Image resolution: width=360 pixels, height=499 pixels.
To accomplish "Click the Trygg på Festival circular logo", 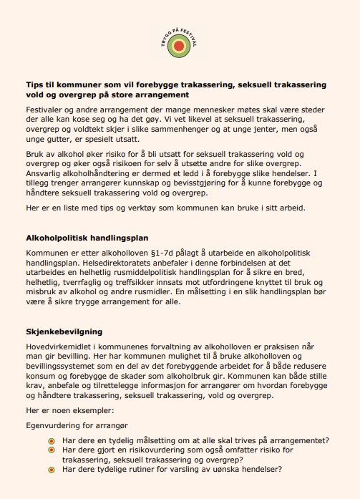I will pos(180,47).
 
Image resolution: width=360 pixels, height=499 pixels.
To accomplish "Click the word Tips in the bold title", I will pos(35,84).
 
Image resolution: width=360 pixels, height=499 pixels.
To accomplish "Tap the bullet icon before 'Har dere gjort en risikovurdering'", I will pos(50,450).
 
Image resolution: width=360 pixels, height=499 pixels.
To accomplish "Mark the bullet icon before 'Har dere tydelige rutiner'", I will pos(50,470).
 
